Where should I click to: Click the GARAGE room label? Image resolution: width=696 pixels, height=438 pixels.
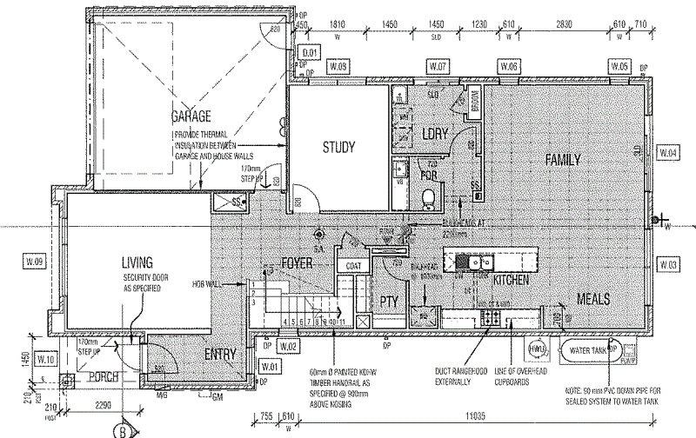(192, 116)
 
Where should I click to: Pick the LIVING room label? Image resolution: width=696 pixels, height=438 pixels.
(137, 262)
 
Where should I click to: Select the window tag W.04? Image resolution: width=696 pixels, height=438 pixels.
(668, 153)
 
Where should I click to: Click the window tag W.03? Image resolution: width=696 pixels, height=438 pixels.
(668, 263)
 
